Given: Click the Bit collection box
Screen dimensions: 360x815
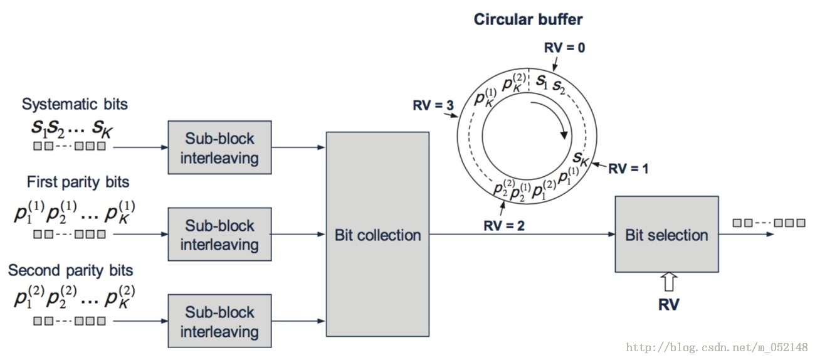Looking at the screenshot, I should tap(377, 235).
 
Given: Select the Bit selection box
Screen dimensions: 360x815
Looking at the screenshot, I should tap(666, 235).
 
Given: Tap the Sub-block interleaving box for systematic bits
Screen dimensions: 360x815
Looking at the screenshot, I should tap(219, 148).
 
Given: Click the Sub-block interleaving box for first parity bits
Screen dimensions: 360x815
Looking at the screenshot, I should tap(219, 235).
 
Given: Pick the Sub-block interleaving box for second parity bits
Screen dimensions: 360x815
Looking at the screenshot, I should tap(219, 321).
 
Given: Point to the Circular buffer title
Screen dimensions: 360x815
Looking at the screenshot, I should tap(528, 19).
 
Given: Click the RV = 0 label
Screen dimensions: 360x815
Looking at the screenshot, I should tap(564, 47).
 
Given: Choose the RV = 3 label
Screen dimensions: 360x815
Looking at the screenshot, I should tap(433, 105).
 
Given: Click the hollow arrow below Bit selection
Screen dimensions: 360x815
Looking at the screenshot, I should tap(669, 282).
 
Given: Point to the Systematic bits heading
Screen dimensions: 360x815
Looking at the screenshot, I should tap(75, 103).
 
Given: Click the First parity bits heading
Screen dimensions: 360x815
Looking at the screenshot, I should tap(78, 182).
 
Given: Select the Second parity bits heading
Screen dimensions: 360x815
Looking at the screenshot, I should tap(71, 270).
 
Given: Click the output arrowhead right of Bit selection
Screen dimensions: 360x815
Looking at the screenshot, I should tap(769, 235).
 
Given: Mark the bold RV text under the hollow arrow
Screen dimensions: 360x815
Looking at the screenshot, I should tap(669, 305).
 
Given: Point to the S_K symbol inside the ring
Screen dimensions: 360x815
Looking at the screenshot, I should tap(580, 157).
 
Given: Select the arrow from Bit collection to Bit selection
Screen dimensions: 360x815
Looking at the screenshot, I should tap(520, 235).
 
